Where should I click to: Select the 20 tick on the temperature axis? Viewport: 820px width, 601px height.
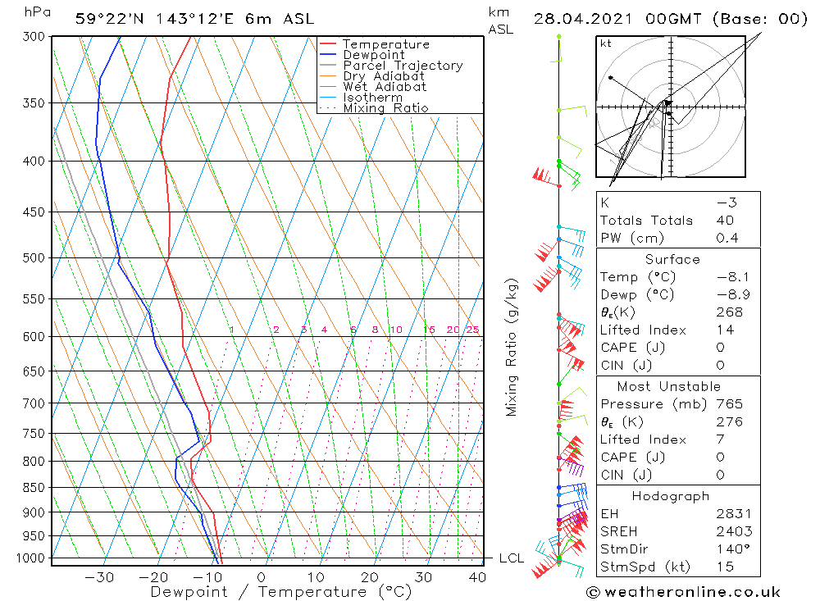point(370,576)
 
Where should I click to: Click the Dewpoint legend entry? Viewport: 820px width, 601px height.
point(373,55)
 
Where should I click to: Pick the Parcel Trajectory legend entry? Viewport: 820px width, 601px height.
point(402,66)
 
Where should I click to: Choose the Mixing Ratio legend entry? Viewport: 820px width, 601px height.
point(385,107)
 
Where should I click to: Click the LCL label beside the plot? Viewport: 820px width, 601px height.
point(511,558)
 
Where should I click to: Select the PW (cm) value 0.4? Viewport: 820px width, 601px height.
point(727,238)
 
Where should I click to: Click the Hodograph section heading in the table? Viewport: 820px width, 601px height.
point(671,496)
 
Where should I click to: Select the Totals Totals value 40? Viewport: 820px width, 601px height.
point(725,220)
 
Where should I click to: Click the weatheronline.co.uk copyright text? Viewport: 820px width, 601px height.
point(683,592)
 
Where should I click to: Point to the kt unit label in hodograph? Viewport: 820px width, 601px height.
point(606,43)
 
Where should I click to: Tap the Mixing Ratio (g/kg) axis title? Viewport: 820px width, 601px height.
point(512,347)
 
